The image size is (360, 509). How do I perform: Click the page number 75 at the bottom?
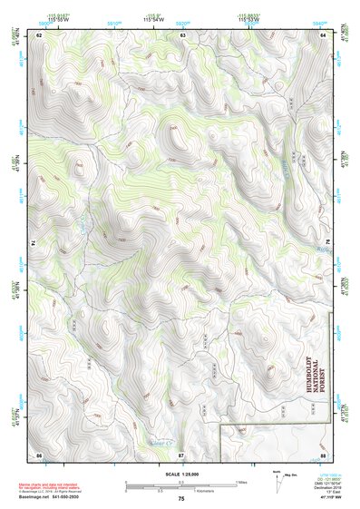pyautogui.click(x=181, y=499)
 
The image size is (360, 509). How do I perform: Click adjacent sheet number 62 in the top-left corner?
pyautogui.click(x=40, y=34)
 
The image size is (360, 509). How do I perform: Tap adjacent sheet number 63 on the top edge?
pyautogui.click(x=182, y=34)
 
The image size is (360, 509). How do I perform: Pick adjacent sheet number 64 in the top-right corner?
pyautogui.click(x=324, y=34)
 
